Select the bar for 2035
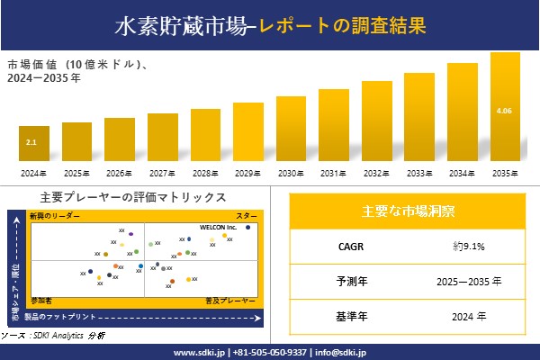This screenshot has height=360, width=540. point(505,108)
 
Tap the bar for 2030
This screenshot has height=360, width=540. point(291,129)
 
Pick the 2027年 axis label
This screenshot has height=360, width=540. point(162,173)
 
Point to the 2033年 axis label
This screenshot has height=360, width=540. point(419,173)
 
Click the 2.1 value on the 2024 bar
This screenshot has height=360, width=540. point(31,142)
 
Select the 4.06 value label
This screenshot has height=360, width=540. point(504,111)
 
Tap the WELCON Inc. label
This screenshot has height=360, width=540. point(218,227)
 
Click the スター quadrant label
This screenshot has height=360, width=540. point(246,217)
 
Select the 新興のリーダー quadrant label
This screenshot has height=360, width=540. point(55,217)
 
